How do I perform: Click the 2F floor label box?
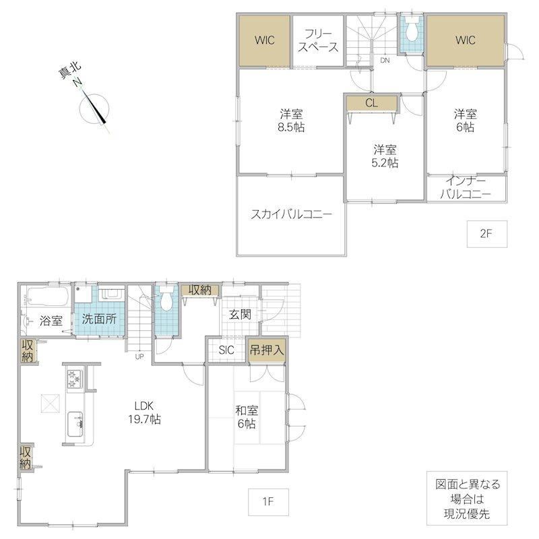pos(486,234)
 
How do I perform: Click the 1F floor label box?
pos(268,501)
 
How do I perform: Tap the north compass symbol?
pos(94,108)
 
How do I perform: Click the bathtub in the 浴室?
pos(47,297)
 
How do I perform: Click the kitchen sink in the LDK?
pos(75,424)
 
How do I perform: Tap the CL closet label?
pos(372,103)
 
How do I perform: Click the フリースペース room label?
pos(318,40)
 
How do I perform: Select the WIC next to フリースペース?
pos(264,40)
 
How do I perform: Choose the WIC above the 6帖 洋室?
pos(466,40)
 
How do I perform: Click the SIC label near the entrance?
pos(226,350)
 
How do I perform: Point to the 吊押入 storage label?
pos(267,350)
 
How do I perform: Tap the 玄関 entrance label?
pos(241,314)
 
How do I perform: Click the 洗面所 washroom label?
pos(99,319)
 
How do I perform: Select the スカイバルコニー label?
pos(292,215)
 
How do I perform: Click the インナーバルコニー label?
pos(466,188)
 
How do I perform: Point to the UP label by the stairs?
pos(139,357)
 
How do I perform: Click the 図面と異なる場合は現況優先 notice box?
pos(467,498)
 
